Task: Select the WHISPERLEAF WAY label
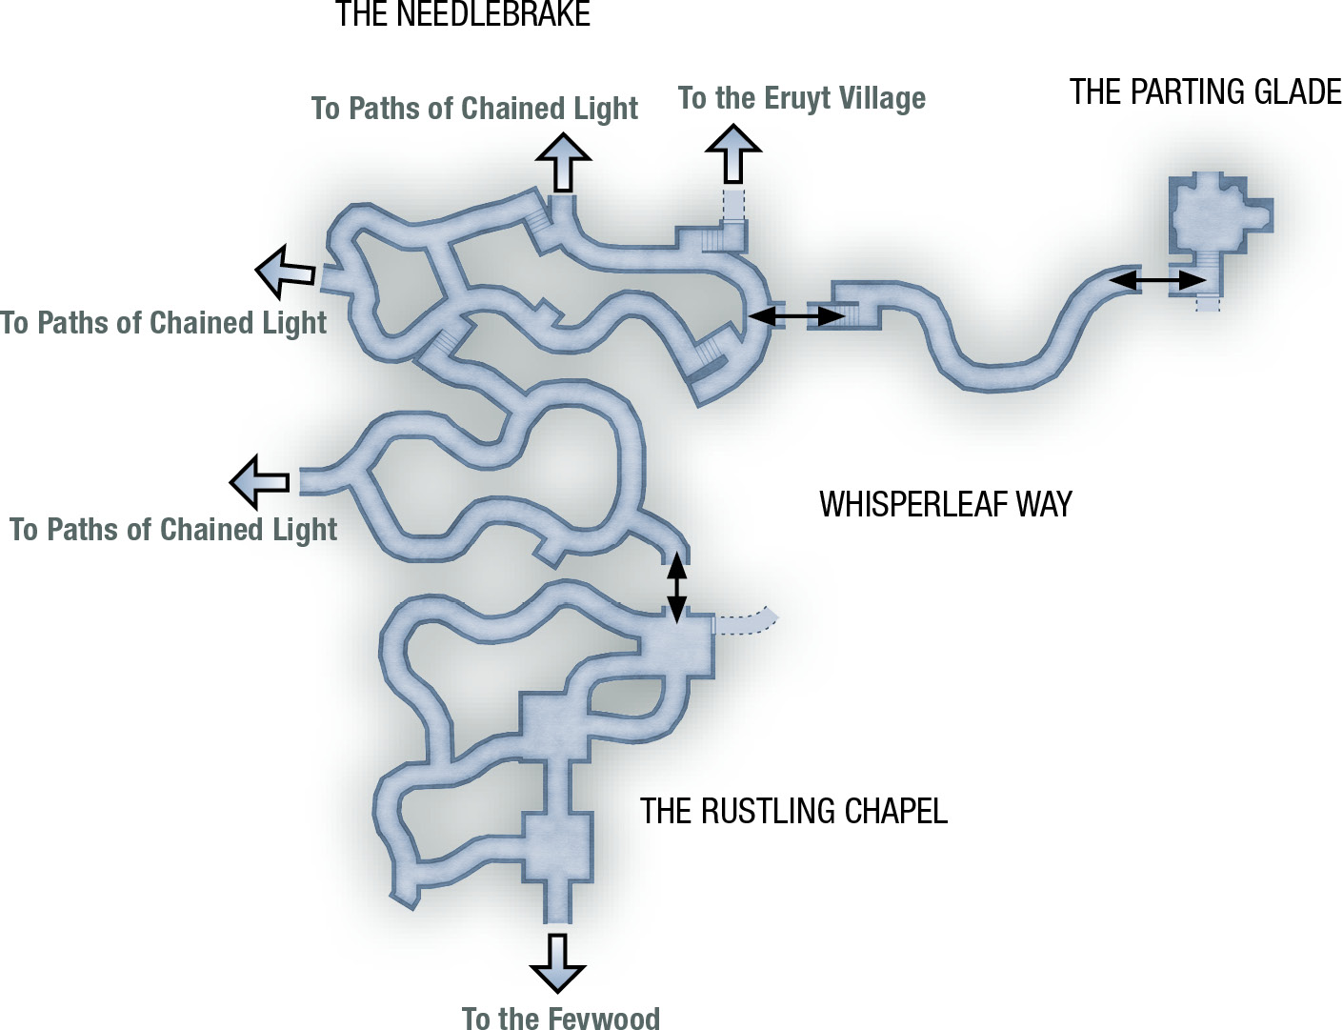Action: [946, 504]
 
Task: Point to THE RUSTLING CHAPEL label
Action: [793, 811]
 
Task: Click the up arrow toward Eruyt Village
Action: [733, 153]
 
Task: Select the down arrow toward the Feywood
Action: [557, 963]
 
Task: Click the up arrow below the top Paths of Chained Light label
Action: [563, 162]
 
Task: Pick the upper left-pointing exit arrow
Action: [286, 271]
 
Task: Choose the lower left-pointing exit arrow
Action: [260, 482]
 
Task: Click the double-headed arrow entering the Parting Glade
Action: [1157, 281]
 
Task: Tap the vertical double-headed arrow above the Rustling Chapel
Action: [677, 587]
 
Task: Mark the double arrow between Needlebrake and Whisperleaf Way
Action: [796, 316]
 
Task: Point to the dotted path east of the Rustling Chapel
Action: [747, 620]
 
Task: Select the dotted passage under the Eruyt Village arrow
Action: [733, 205]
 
